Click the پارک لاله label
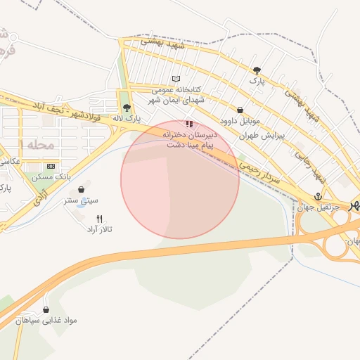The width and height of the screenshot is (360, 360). pyautogui.click(x=129, y=118)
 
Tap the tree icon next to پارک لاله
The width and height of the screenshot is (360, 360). pyautogui.click(x=127, y=108)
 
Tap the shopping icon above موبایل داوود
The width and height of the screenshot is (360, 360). pyautogui.click(x=241, y=110)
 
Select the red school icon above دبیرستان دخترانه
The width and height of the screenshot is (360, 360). pyautogui.click(x=188, y=123)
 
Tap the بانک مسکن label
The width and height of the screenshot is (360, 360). pyautogui.click(x=51, y=177)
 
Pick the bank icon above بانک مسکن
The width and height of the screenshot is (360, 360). pyautogui.click(x=50, y=166)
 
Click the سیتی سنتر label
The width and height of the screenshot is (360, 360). pyautogui.click(x=82, y=200)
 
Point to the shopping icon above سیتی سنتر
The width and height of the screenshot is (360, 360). pyautogui.click(x=83, y=189)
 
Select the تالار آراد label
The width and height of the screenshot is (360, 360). pyautogui.click(x=100, y=229)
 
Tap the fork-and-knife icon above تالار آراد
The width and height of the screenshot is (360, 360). pyautogui.click(x=100, y=219)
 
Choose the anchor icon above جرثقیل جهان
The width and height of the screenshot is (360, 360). pyautogui.click(x=317, y=196)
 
